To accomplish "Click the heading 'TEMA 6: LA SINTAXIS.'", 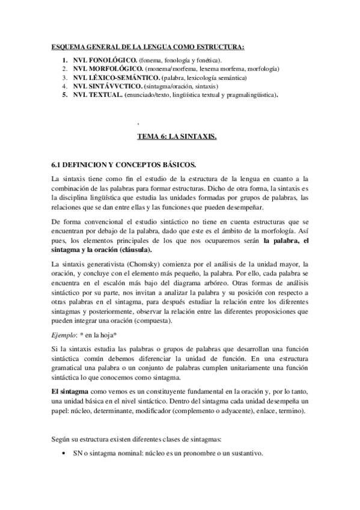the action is point(177,137).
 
